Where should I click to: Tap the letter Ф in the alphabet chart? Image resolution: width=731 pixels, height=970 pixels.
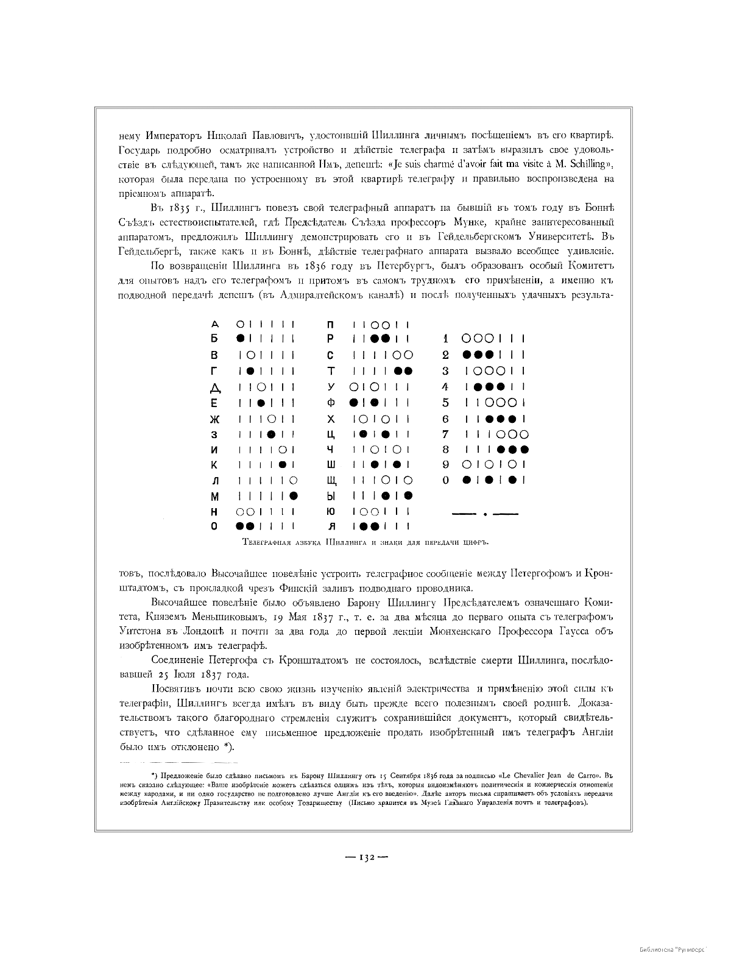[x=331, y=403]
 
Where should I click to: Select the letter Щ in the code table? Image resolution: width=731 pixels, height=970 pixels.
[x=333, y=481]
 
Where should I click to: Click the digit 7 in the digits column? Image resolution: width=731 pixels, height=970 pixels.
[x=445, y=434]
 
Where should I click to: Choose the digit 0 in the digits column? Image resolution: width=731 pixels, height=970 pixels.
[x=445, y=480]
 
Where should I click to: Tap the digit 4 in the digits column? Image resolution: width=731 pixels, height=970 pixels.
[x=445, y=386]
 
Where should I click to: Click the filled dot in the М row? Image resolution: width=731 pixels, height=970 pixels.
[x=294, y=496]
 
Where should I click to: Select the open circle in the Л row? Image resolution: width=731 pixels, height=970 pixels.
[x=294, y=481]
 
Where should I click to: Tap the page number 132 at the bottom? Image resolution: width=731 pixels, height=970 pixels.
[x=366, y=856]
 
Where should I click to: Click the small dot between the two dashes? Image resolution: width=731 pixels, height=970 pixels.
[x=485, y=514]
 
